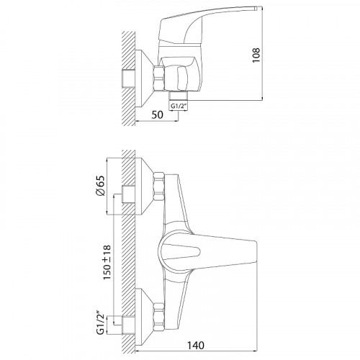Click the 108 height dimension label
tap(256, 55)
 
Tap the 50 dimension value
tap(157, 114)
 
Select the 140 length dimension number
tap(196, 346)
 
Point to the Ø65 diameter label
tap(100, 186)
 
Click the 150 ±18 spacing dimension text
tap(107, 262)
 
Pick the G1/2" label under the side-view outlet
tap(179, 106)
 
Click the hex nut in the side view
tap(159, 78)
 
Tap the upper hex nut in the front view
tap(159, 186)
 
